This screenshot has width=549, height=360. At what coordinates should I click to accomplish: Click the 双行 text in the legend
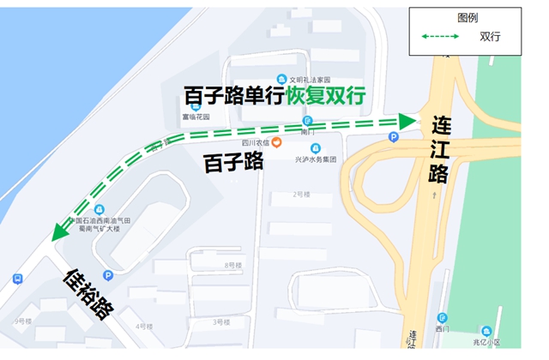click(490, 37)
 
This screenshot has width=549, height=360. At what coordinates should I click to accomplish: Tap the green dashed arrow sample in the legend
click(441, 37)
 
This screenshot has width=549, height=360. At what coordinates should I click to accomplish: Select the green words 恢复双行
click(325, 95)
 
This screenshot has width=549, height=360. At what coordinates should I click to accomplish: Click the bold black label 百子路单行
click(233, 95)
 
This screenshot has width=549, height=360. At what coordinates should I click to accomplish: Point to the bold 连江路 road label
click(440, 148)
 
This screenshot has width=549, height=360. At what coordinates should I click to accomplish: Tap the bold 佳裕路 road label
click(90, 293)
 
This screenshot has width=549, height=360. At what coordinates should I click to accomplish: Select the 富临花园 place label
click(195, 117)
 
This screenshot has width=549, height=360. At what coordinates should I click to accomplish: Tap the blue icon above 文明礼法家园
click(282, 79)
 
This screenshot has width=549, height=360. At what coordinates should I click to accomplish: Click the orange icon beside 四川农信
click(276, 142)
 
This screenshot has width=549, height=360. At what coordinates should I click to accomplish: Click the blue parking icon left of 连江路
click(394, 136)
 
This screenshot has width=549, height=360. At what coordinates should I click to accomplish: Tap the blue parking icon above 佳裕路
click(108, 275)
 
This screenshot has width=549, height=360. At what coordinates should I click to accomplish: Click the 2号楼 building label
click(301, 195)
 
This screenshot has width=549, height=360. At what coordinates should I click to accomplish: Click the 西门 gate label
click(442, 329)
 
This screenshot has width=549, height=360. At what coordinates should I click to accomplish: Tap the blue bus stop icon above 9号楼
click(17, 279)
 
